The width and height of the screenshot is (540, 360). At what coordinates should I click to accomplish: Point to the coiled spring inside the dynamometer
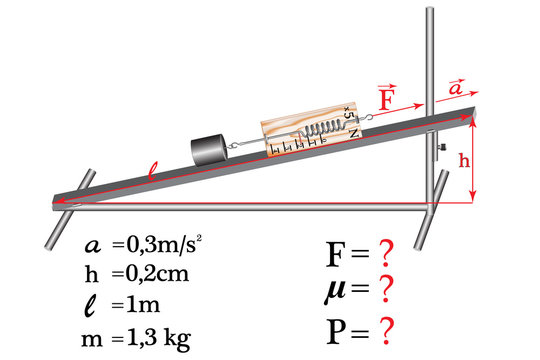(322, 130)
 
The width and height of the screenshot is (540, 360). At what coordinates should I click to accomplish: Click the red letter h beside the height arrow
(464, 160)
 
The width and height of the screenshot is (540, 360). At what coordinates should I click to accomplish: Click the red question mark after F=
(381, 254)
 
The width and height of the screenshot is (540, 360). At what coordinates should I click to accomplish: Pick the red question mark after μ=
(383, 290)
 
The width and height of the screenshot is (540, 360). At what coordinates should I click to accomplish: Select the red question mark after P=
(381, 328)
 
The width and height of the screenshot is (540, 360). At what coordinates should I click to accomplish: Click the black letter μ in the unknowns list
(336, 292)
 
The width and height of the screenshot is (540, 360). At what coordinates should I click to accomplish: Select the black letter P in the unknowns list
(337, 328)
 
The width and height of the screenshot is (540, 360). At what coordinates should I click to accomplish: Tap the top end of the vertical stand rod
(430, 12)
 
